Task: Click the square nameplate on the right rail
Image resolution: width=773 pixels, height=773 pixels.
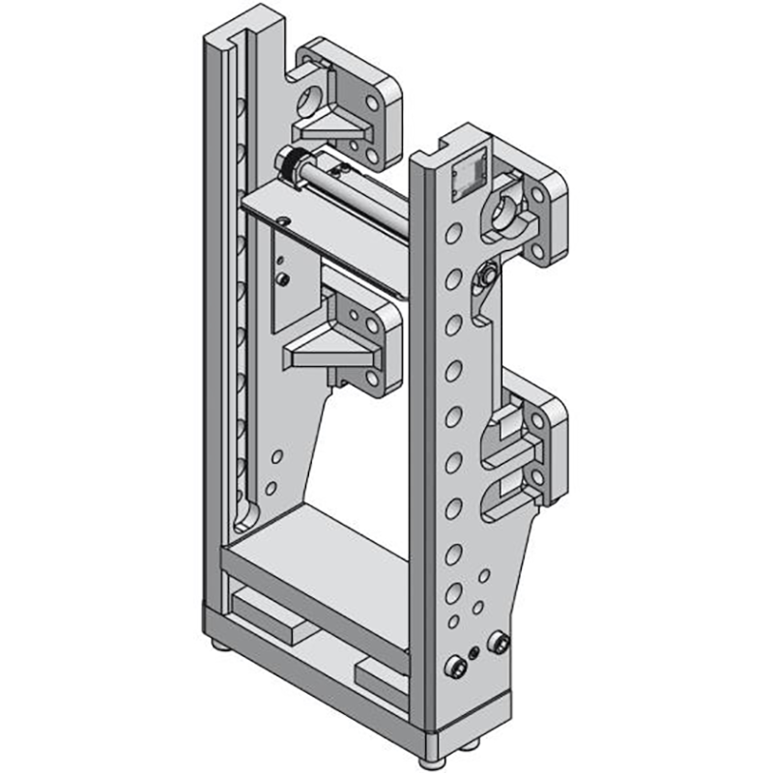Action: coord(468,176)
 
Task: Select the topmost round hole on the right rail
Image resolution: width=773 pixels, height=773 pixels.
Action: coord(452,234)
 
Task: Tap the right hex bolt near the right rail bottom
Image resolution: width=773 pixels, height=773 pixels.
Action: coord(499,644)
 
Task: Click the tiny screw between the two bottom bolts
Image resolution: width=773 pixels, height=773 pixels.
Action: coord(472,655)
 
